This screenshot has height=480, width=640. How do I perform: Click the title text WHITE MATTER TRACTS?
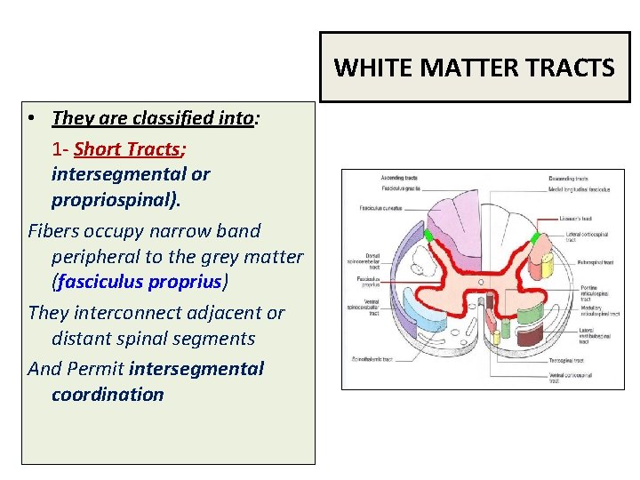tap(475, 68)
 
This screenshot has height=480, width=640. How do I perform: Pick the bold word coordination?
tap(108, 395)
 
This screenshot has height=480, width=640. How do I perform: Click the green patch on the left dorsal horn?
tap(429, 236)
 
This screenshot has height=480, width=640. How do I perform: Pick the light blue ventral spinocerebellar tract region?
tap(423, 316)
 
